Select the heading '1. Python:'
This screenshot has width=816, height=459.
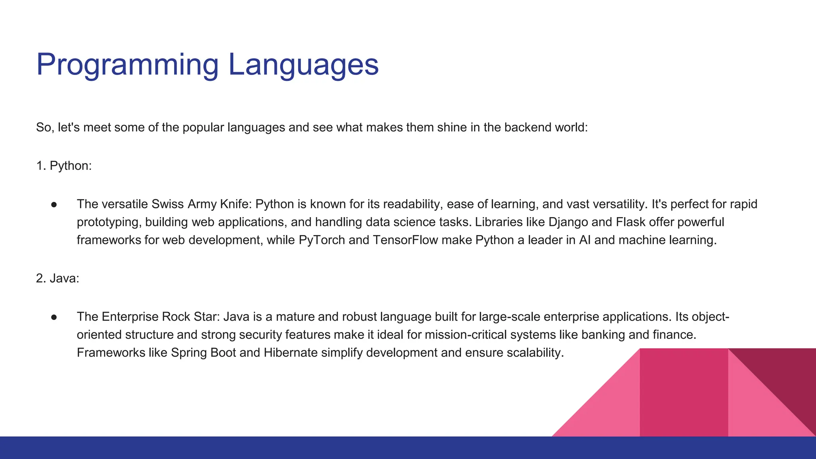[64, 166]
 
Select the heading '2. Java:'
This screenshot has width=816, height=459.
[58, 279]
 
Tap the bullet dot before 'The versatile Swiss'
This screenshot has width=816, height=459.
[54, 204]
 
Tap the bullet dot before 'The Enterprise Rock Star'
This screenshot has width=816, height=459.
[54, 317]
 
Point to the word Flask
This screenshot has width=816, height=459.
[630, 222]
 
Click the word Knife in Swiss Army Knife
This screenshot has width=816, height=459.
[233, 204]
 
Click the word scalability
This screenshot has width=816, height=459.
[535, 353]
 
